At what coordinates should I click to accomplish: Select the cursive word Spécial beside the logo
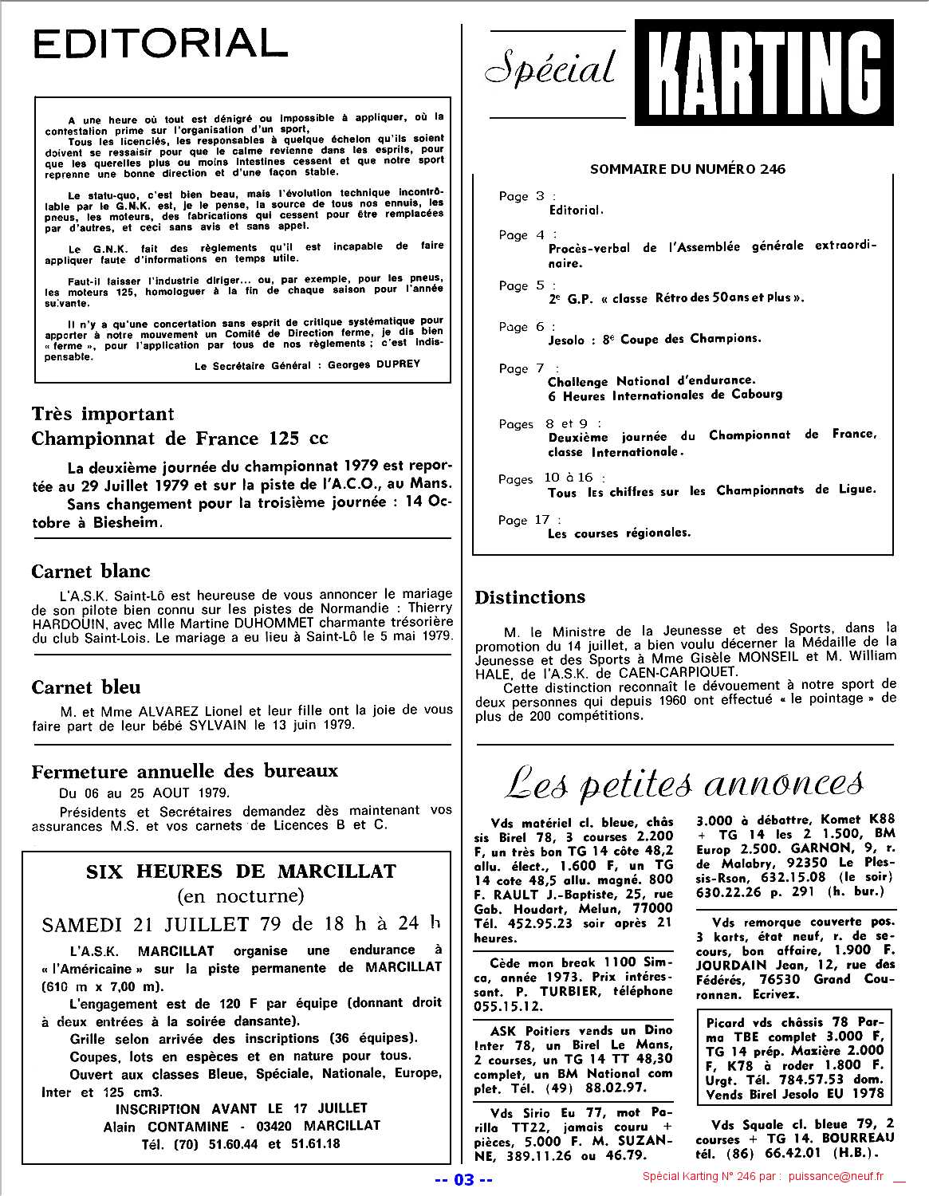551,69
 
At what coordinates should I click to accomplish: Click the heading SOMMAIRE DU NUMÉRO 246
687,169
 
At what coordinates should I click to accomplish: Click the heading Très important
103,414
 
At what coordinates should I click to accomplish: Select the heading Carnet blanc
91,571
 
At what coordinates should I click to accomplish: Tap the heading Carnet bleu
86,687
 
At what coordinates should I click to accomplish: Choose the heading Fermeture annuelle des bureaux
185,771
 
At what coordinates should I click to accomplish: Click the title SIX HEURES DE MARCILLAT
241,871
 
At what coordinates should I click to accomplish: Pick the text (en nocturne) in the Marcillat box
241,895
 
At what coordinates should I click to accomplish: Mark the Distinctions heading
530,596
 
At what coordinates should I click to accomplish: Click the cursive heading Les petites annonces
684,785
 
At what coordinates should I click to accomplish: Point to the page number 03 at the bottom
463,1179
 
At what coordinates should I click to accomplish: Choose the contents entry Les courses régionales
619,533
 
